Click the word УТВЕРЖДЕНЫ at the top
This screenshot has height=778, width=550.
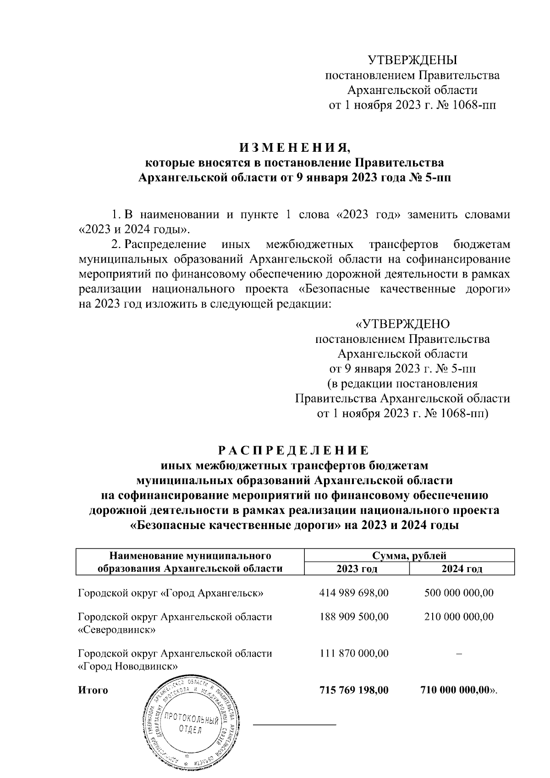(413, 60)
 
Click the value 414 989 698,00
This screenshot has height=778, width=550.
(354, 593)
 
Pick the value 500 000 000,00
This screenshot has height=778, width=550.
(459, 593)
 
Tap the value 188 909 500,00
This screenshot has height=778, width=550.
(354, 617)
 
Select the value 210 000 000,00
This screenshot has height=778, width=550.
(459, 617)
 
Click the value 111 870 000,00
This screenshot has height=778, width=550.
(354, 653)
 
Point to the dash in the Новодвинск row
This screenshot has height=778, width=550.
(459, 654)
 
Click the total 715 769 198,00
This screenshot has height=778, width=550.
(354, 690)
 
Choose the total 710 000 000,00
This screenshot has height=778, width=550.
(456, 690)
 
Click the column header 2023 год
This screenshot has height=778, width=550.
(357, 569)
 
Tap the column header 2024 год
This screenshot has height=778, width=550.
(462, 569)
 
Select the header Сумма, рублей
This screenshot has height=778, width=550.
(409, 557)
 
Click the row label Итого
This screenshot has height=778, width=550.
(93, 690)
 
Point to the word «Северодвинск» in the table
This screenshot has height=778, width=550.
(117, 630)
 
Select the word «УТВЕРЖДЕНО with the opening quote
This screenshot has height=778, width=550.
(403, 324)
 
